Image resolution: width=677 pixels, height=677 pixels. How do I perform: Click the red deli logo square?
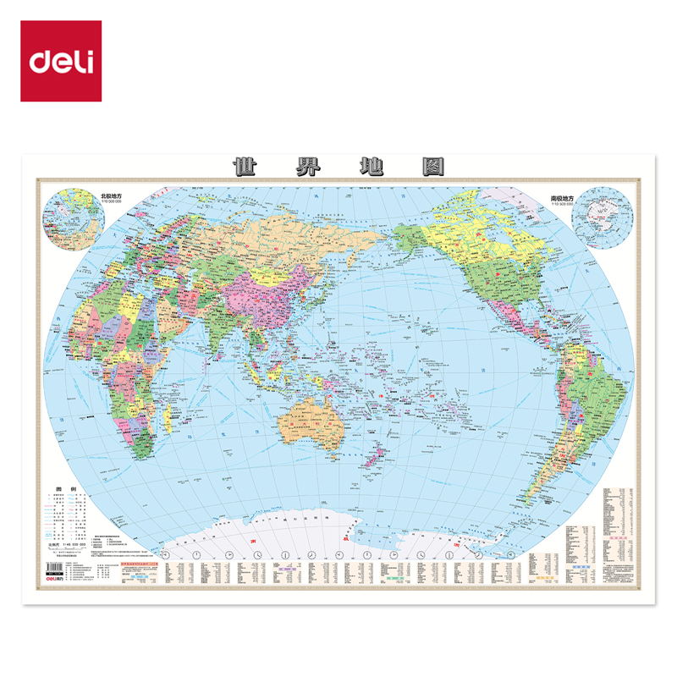[61, 61]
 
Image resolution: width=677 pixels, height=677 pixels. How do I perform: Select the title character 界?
[305, 166]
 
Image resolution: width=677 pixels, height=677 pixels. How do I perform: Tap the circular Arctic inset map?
[74, 213]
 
